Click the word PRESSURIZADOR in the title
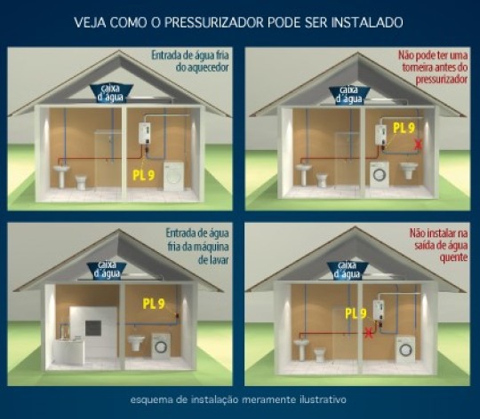click(x=214, y=22)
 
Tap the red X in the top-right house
click(x=418, y=144)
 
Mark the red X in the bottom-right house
click(x=369, y=332)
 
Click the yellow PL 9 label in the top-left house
click(x=144, y=175)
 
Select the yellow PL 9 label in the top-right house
click(x=404, y=128)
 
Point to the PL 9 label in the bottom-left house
click(x=154, y=304)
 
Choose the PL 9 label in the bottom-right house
click(x=356, y=313)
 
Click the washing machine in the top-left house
click(x=174, y=177)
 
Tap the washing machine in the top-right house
click(x=380, y=174)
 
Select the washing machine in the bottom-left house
click(x=161, y=345)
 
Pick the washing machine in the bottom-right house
click(x=406, y=350)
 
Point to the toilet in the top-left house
click(x=82, y=181)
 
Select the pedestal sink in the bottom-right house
click(x=301, y=350)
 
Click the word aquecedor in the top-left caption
click(x=203, y=67)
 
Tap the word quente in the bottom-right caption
click(x=453, y=257)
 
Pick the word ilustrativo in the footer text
click(x=323, y=399)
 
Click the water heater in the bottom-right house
click(x=379, y=310)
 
